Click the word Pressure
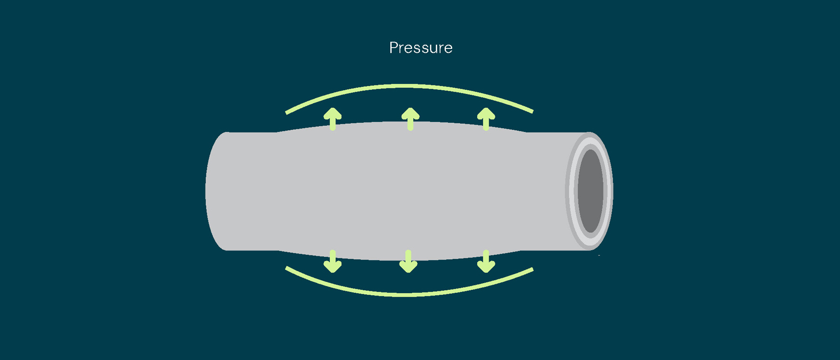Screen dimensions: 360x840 (420, 48)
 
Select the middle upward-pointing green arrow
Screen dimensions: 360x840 (410, 119)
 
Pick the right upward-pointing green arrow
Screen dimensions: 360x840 (486, 119)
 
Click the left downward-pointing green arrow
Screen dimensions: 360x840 (333, 261)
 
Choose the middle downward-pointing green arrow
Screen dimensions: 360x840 (408, 261)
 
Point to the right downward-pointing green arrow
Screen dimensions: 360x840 (486, 261)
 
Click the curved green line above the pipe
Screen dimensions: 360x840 (408, 86)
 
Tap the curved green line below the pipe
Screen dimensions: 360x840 (408, 294)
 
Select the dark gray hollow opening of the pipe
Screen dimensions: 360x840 (590, 191)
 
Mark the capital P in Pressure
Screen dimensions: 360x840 (394, 48)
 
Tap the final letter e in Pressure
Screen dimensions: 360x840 (448, 48)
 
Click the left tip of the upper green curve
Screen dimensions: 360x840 (287, 113)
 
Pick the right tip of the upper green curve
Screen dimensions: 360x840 (532, 111)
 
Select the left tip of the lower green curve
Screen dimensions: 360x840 (287, 268)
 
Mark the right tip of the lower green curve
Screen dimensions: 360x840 (532, 270)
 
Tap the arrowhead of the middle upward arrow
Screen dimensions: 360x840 (410, 113)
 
